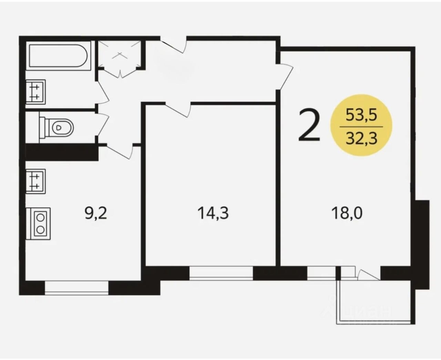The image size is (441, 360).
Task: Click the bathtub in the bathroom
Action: [x=58, y=56]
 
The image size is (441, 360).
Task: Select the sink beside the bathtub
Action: [x=35, y=92]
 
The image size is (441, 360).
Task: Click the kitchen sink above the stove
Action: [x=35, y=181]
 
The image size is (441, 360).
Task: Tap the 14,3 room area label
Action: [x=213, y=213]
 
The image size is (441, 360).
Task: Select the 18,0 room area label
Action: [x=347, y=213]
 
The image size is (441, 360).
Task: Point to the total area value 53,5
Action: [x=361, y=115]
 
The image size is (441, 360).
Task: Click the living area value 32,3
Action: [x=361, y=138]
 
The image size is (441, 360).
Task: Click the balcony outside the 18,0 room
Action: [x=376, y=302]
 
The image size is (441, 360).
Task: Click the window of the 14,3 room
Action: [x=221, y=273]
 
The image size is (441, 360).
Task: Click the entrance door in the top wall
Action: [x=174, y=45]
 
